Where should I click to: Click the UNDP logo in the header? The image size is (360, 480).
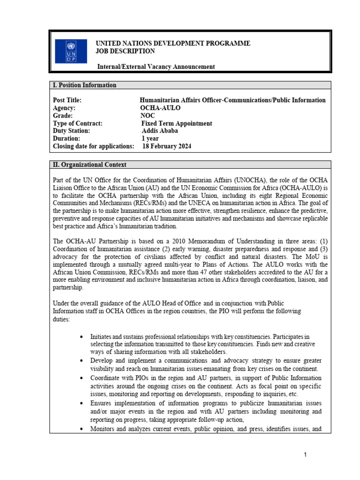point(71,51)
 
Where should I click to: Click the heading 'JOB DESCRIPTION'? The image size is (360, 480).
point(125,51)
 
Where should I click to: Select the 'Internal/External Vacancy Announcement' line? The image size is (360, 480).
point(156,67)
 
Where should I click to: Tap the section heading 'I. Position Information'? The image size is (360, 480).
point(85,85)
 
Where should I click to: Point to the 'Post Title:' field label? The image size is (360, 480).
point(67,100)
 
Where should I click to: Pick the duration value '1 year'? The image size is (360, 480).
point(150,139)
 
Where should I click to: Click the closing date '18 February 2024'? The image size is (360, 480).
point(166,147)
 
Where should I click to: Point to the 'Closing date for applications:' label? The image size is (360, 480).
point(94,147)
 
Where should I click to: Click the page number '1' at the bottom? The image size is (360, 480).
point(305,455)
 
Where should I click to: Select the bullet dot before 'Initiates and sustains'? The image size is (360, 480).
point(82,337)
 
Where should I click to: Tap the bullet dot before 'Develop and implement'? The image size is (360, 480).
point(82,361)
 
